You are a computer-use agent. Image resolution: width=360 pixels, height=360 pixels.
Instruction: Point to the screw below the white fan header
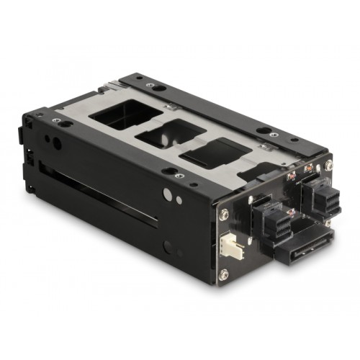224,274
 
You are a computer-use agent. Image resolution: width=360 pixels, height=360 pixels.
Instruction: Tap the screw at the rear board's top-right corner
329,166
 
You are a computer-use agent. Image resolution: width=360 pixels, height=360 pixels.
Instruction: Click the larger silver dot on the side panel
167,194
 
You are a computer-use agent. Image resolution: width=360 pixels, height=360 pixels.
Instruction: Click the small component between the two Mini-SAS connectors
292,213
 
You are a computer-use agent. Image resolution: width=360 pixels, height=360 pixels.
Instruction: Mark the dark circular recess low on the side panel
168,247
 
